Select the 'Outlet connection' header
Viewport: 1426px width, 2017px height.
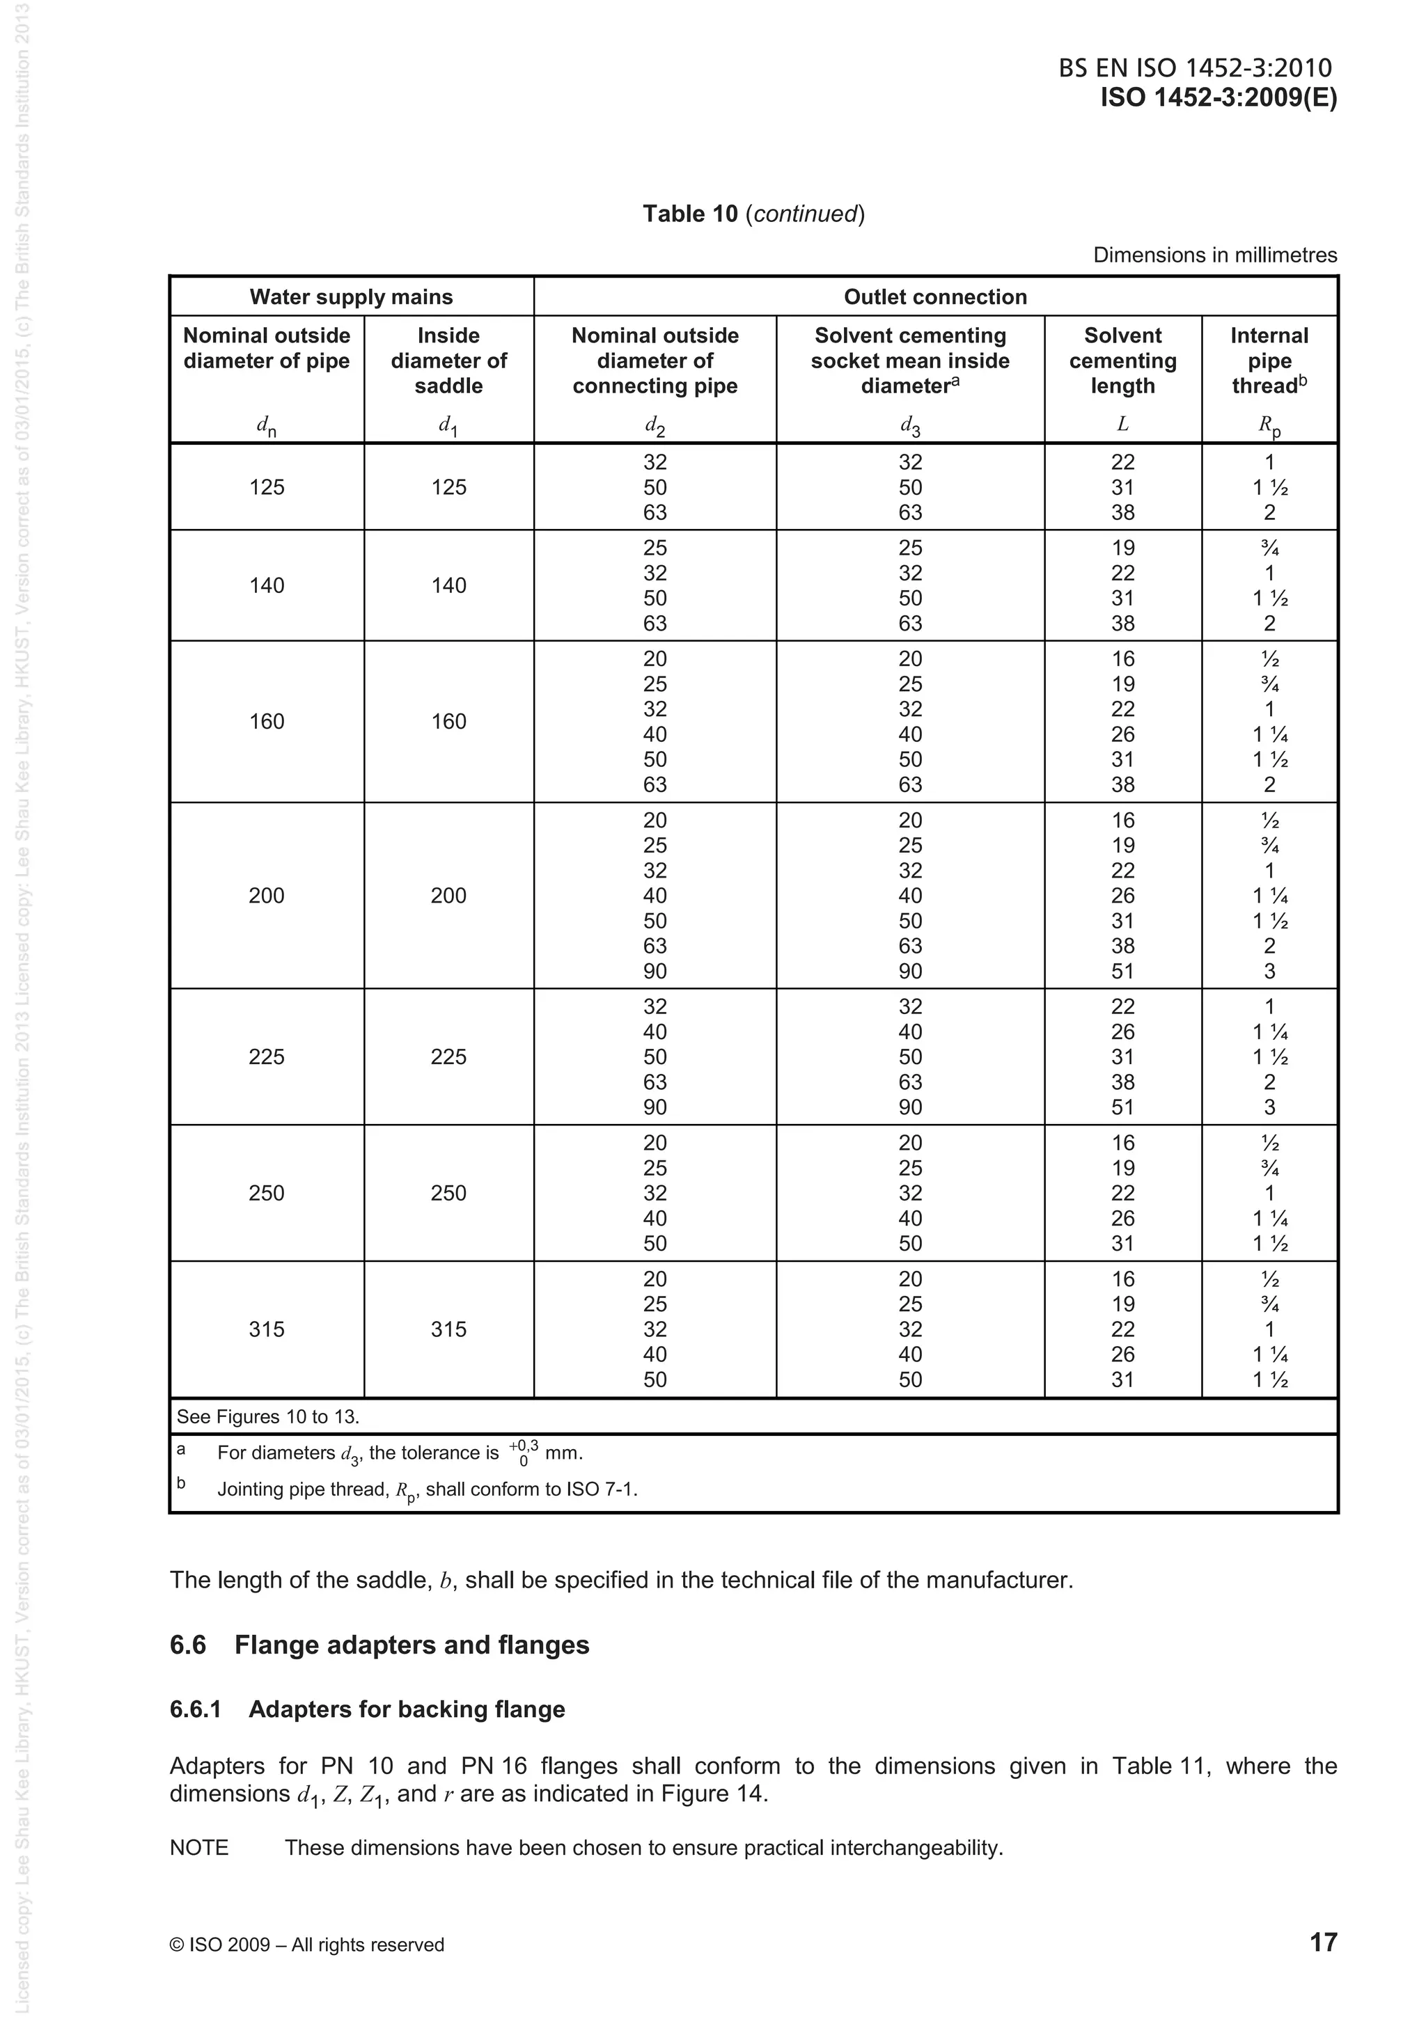pyautogui.click(x=935, y=297)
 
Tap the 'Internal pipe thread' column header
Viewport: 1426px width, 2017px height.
pyautogui.click(x=1269, y=361)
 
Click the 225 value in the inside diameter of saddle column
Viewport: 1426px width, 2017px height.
pyautogui.click(x=448, y=1057)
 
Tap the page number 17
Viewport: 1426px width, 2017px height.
pyautogui.click(x=1322, y=1943)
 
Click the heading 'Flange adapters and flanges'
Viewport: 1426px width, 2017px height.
pyautogui.click(x=412, y=1645)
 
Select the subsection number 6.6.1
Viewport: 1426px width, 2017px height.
pyautogui.click(x=195, y=1709)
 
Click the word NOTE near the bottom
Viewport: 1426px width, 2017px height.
pyautogui.click(x=198, y=1847)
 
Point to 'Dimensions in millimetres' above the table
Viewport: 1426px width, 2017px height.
pyautogui.click(x=1214, y=255)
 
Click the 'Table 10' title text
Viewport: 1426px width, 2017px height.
pyautogui.click(x=690, y=214)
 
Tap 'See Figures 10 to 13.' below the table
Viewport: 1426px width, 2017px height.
pyautogui.click(x=268, y=1417)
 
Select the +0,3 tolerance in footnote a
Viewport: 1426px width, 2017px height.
pyautogui.click(x=524, y=1446)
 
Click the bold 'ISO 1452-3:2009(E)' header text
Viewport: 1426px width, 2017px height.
pyautogui.click(x=1218, y=97)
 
